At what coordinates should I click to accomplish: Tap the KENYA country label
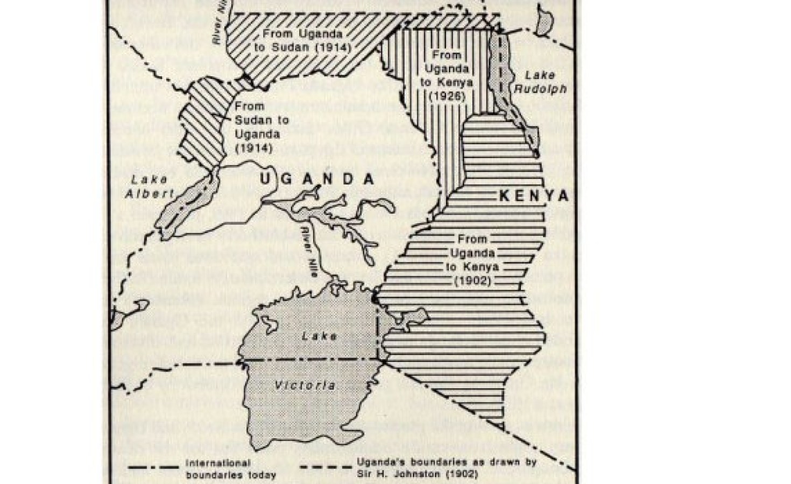534,196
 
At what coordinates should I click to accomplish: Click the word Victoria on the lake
305,385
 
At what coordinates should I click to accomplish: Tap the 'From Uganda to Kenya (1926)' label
447,76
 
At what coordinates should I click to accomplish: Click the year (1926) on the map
447,97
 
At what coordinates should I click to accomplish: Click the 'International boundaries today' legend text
231,469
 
